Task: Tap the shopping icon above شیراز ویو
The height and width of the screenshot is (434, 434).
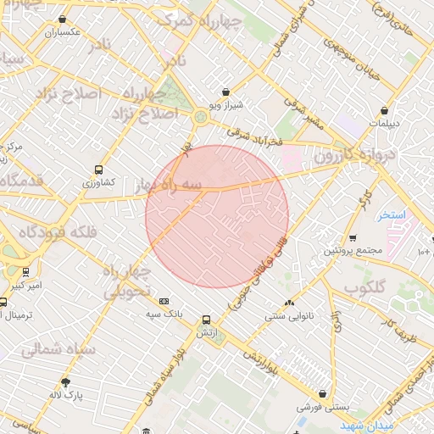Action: click(225, 92)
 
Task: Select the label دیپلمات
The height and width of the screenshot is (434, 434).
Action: click(386, 123)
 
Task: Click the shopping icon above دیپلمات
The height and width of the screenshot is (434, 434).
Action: click(386, 110)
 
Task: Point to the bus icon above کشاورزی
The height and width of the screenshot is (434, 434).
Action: click(99, 170)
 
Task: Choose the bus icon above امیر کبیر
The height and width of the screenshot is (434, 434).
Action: click(26, 272)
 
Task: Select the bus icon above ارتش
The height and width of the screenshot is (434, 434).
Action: click(205, 320)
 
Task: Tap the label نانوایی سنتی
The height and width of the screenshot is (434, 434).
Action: click(289, 315)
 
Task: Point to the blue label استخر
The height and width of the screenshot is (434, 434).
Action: click(392, 214)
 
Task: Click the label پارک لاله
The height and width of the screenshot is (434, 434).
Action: click(66, 395)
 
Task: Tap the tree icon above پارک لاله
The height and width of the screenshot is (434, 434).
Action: click(65, 382)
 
